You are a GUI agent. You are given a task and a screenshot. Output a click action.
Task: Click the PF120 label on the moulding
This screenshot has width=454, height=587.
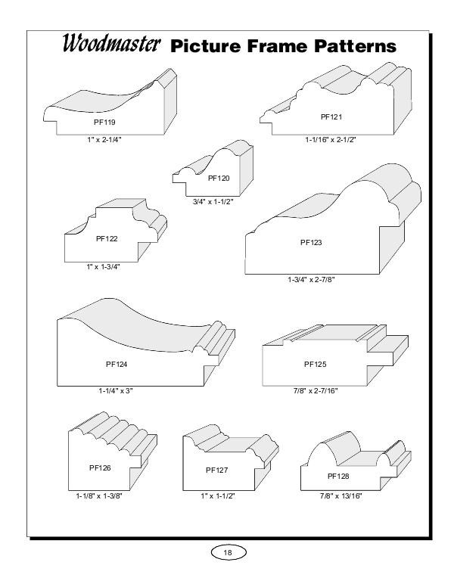click(x=218, y=178)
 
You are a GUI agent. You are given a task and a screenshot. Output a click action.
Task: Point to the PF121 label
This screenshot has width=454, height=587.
click(x=331, y=116)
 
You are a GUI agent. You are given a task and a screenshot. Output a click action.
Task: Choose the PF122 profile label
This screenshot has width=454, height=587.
click(x=107, y=238)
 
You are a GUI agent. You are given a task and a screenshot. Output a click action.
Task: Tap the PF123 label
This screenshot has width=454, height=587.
click(x=311, y=243)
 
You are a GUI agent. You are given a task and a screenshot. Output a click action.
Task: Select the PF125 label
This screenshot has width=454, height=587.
click(x=315, y=364)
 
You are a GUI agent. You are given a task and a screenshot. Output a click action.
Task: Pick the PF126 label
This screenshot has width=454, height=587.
click(x=100, y=468)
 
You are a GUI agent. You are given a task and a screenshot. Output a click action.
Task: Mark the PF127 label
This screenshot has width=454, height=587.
click(x=216, y=470)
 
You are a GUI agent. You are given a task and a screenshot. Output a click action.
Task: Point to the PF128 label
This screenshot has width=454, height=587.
click(x=338, y=476)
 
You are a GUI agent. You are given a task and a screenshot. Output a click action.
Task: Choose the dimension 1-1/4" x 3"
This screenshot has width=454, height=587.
click(x=116, y=390)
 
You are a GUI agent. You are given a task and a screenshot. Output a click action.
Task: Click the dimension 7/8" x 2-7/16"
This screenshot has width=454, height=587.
click(x=317, y=390)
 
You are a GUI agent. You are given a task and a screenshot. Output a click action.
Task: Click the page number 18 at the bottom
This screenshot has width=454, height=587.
click(x=227, y=553)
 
